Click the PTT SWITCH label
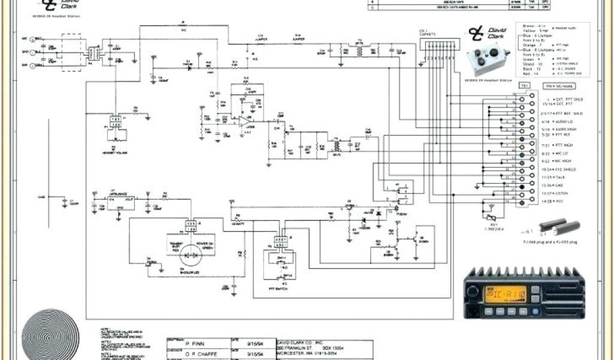pyautogui.click(x=279, y=289)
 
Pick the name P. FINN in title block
pyautogui.click(x=192, y=344)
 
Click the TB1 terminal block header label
pyautogui.click(x=523, y=86)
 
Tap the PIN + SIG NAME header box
pyautogui.click(x=558, y=87)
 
